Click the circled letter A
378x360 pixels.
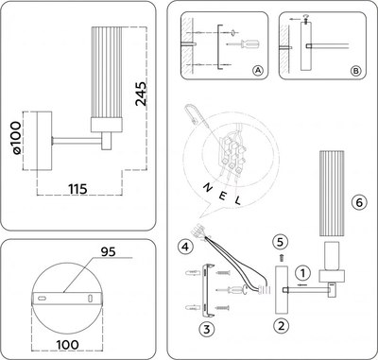258,71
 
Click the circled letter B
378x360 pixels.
354,71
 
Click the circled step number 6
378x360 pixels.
358,201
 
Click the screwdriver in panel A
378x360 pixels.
248,43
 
